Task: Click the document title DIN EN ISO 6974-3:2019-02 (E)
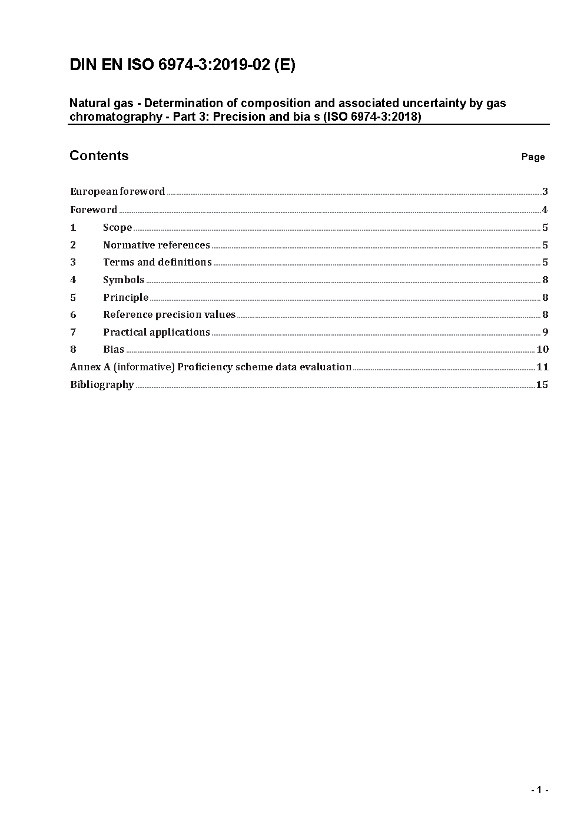click(182, 65)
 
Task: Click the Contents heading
click(99, 155)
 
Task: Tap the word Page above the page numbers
click(533, 157)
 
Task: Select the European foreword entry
click(118, 191)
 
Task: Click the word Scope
click(117, 227)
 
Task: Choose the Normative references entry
click(157, 245)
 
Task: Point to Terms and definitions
click(157, 262)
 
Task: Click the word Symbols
click(124, 280)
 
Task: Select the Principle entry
click(125, 297)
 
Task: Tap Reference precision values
click(169, 314)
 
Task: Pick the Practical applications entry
click(157, 332)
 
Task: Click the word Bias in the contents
click(114, 349)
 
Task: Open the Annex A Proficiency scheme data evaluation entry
click(211, 367)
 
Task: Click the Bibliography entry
click(102, 384)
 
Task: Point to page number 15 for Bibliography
click(542, 384)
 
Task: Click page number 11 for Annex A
click(542, 367)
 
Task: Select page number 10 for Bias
click(542, 349)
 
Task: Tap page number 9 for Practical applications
click(545, 332)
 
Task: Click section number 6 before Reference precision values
click(73, 314)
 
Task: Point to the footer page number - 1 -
click(539, 790)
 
